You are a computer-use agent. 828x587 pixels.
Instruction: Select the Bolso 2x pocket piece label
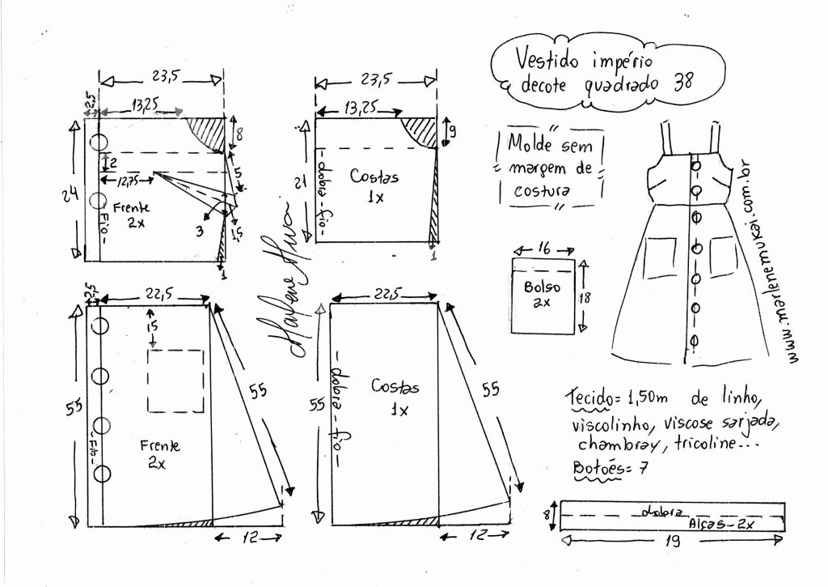tap(542, 295)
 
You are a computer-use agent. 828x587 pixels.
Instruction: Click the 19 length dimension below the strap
tap(670, 543)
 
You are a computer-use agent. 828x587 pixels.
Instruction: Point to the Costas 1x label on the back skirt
tap(395, 397)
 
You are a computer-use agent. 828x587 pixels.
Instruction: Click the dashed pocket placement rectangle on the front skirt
tap(176, 381)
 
